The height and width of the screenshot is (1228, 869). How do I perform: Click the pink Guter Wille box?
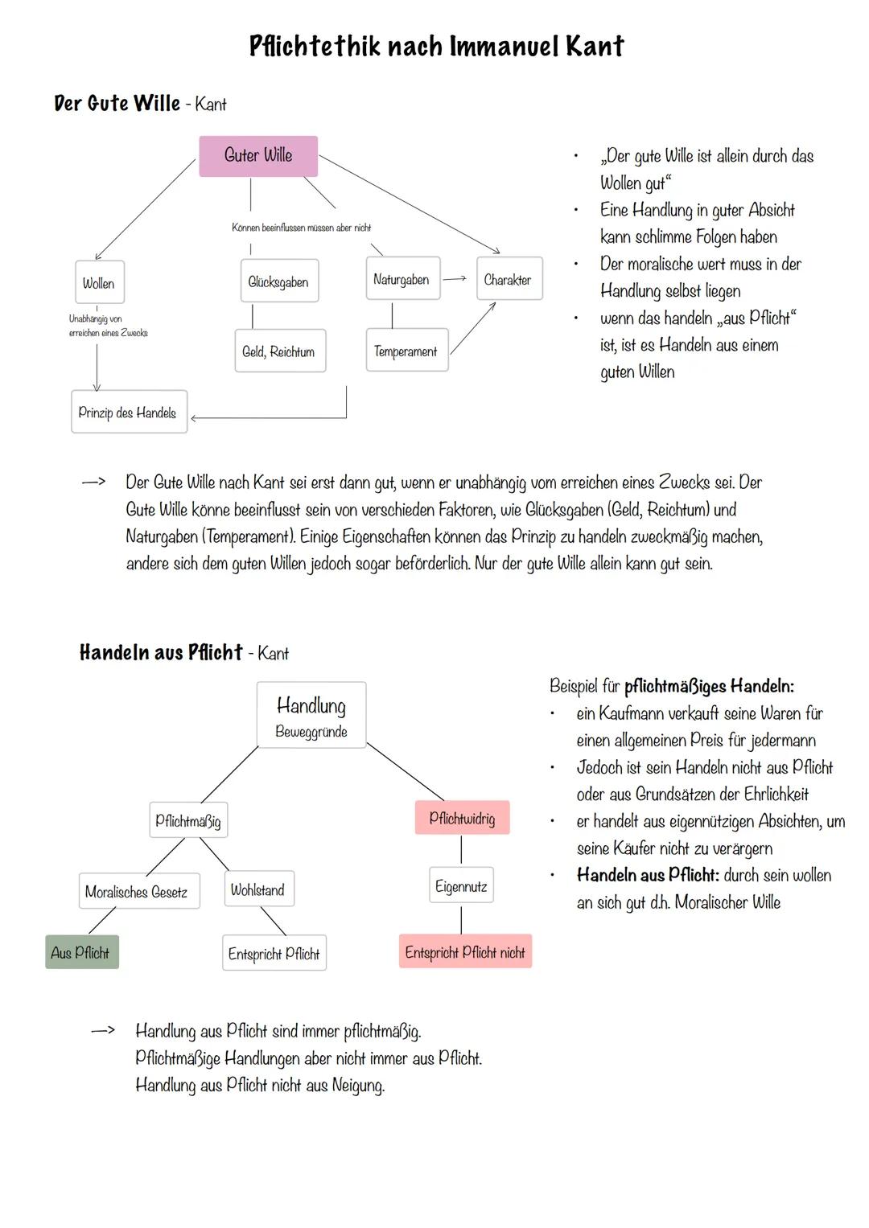(x=258, y=156)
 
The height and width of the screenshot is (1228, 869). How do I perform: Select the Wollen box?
(x=99, y=283)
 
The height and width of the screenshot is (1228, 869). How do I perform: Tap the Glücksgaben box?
(x=279, y=281)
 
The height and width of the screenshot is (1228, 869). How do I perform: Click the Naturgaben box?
(x=402, y=279)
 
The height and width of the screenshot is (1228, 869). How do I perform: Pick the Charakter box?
(x=509, y=279)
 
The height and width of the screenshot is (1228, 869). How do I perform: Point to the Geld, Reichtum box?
(x=279, y=351)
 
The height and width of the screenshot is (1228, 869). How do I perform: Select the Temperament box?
(x=406, y=351)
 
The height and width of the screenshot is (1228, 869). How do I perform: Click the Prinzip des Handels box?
(x=129, y=413)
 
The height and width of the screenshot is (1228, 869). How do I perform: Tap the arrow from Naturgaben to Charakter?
(x=455, y=279)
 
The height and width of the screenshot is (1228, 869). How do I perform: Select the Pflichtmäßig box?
(x=188, y=820)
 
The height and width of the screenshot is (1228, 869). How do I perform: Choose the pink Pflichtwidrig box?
(x=462, y=818)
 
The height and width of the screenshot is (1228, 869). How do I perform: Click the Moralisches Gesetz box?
(x=138, y=891)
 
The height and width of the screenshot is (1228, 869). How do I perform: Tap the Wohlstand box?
(x=257, y=889)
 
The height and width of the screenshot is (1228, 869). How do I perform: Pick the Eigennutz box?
(x=461, y=886)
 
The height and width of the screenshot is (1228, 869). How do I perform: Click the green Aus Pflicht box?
(x=81, y=952)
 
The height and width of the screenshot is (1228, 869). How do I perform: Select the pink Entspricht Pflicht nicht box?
(x=465, y=952)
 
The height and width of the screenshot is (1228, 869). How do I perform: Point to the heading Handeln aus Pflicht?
(x=161, y=652)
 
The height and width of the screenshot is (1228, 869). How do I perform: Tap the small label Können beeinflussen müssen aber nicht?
(x=301, y=228)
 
